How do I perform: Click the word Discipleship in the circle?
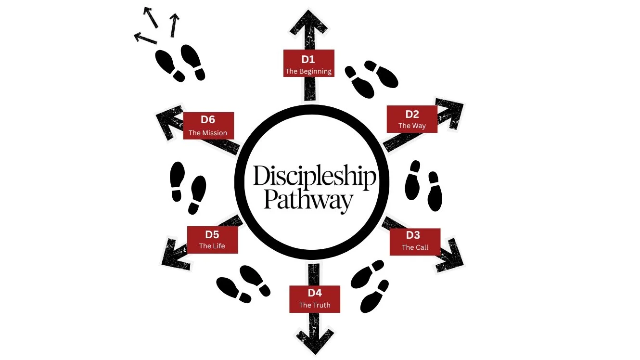tap(314, 177)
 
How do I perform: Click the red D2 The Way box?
tap(412, 119)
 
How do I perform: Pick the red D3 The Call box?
tap(415, 241)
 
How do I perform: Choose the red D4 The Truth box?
tap(315, 298)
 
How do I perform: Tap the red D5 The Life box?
tap(212, 240)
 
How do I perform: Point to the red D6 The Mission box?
tap(208, 126)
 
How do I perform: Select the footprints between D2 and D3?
tap(424, 186)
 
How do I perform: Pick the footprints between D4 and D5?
tap(243, 284)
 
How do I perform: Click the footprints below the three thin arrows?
tap(180, 63)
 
